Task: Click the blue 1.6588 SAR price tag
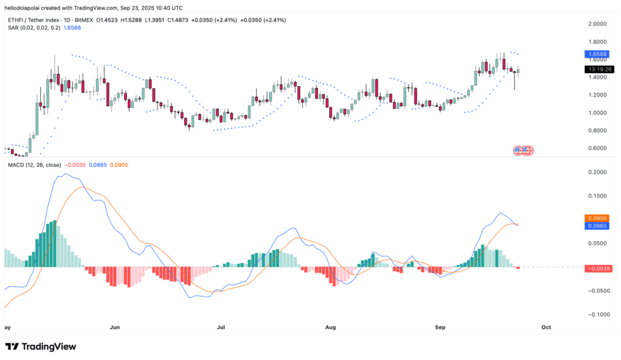(x=596, y=54)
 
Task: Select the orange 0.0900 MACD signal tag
(x=596, y=218)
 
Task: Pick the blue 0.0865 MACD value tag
(x=596, y=225)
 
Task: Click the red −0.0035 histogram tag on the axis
(x=597, y=268)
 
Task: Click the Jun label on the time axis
(x=115, y=327)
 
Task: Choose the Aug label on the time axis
(x=331, y=327)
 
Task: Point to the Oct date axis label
(x=546, y=327)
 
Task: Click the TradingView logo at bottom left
(x=41, y=346)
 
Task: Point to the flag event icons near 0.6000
(x=523, y=150)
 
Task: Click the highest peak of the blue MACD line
(x=65, y=174)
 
